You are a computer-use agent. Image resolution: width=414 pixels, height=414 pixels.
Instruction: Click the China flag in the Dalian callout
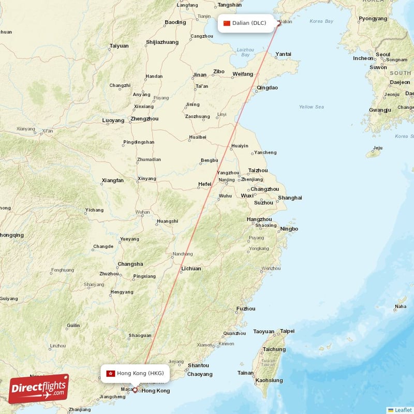click(x=227, y=23)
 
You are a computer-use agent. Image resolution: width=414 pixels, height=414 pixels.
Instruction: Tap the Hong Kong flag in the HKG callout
click(x=110, y=373)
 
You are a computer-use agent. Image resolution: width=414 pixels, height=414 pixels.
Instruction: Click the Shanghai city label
click(x=290, y=198)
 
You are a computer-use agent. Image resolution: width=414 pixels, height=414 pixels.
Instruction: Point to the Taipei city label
click(x=287, y=331)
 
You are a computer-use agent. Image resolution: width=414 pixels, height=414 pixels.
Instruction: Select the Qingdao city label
click(x=267, y=88)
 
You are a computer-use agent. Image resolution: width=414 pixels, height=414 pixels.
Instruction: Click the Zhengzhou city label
click(x=144, y=119)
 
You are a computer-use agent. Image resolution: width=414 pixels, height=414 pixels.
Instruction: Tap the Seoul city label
click(x=383, y=54)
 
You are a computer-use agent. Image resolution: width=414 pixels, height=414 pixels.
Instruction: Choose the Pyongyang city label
click(x=373, y=18)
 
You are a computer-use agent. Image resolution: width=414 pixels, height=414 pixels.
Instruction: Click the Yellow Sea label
click(x=311, y=107)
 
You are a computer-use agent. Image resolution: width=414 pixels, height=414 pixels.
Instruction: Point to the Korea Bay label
click(x=321, y=21)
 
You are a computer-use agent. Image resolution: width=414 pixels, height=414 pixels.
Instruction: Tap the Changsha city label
click(x=130, y=264)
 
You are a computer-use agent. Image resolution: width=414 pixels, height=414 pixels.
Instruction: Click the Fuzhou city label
click(x=245, y=309)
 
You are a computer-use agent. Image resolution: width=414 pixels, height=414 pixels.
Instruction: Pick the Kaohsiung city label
click(x=269, y=380)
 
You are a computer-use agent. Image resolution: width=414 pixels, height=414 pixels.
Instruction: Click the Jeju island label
click(x=378, y=147)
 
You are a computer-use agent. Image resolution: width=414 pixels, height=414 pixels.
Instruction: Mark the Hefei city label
click(x=204, y=184)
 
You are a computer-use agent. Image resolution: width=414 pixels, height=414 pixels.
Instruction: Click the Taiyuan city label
click(x=119, y=46)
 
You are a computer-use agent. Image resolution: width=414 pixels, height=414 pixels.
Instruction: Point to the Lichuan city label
click(x=191, y=269)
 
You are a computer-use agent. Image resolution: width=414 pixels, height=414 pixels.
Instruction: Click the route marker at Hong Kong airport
click(x=135, y=390)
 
